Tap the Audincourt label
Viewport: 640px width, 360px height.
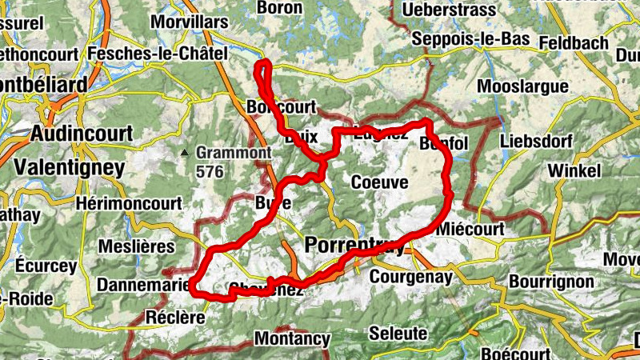click(82, 134)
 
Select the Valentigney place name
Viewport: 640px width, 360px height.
click(70, 168)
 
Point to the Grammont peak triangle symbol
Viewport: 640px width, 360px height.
click(186, 152)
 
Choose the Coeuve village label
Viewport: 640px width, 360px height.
click(379, 182)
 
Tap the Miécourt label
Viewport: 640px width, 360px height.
click(471, 230)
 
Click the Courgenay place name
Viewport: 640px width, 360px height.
click(411, 277)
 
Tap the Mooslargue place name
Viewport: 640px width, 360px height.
click(522, 86)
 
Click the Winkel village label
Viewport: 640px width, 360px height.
click(574, 171)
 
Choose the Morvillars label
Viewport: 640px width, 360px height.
click(188, 22)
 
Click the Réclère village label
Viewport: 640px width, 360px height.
click(177, 318)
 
